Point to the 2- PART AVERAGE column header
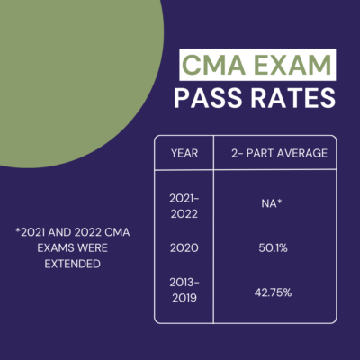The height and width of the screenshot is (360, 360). click(275, 152)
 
